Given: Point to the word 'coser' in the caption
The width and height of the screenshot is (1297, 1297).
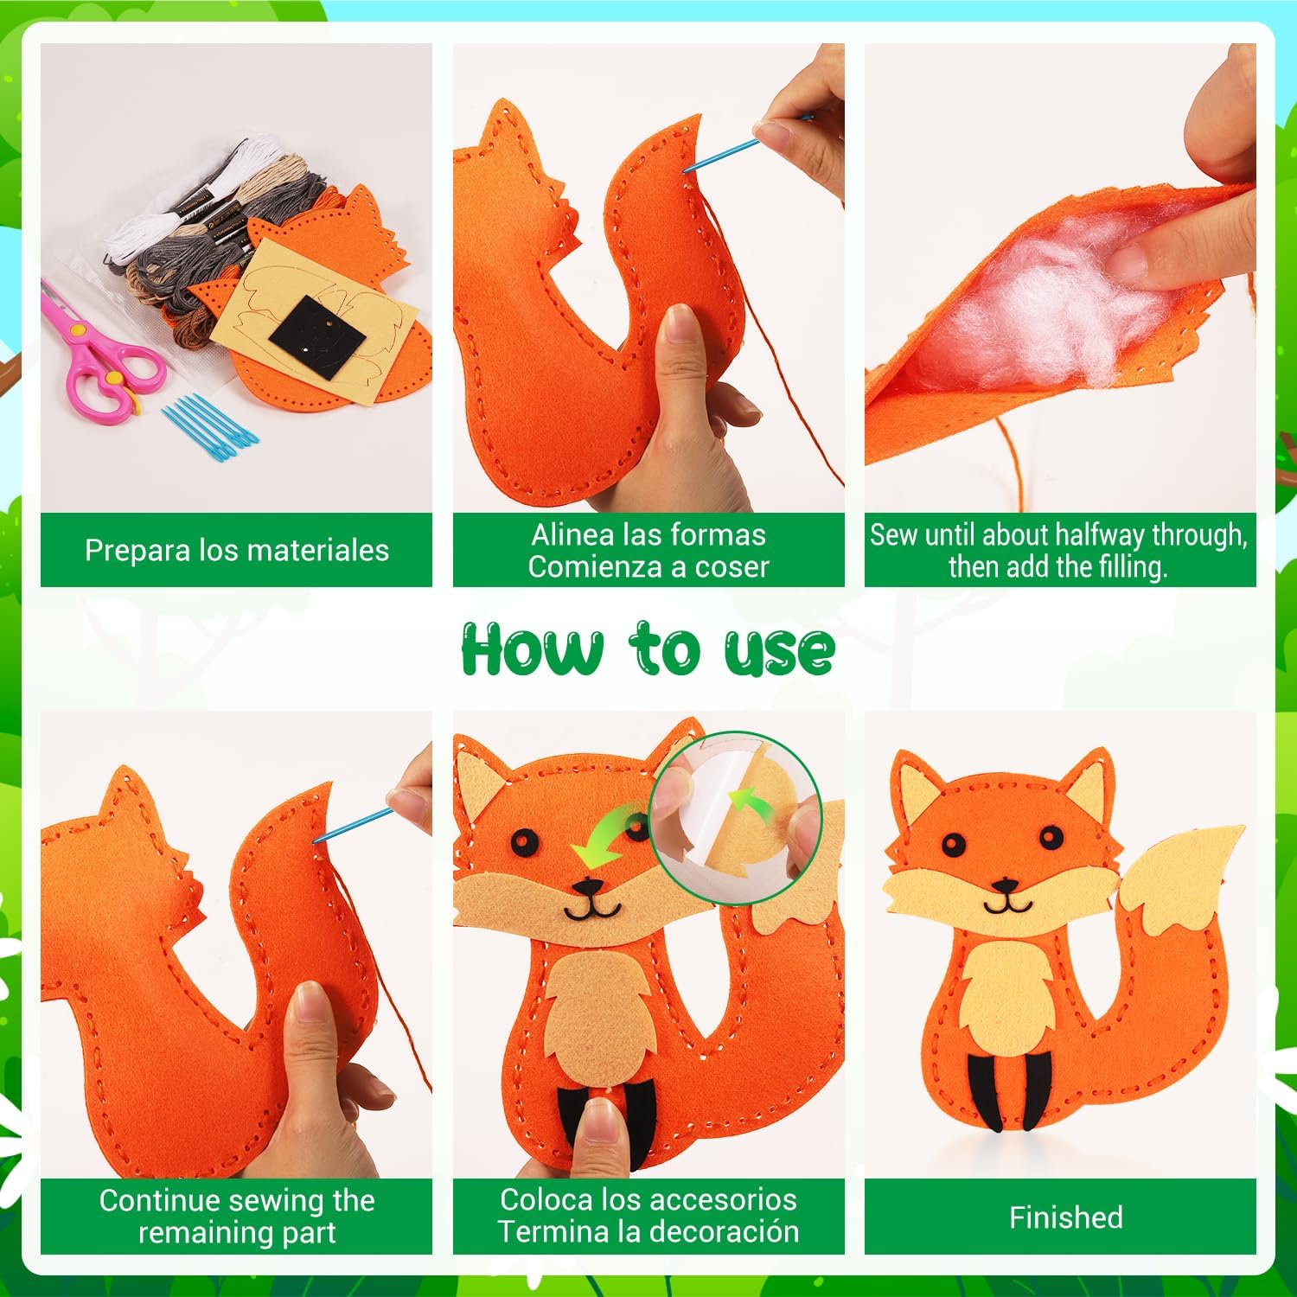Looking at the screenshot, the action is (x=728, y=567).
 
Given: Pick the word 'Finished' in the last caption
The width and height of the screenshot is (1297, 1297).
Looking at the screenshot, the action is (x=1066, y=1217).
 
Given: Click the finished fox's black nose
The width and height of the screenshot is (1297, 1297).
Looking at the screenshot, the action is (x=1006, y=885).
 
